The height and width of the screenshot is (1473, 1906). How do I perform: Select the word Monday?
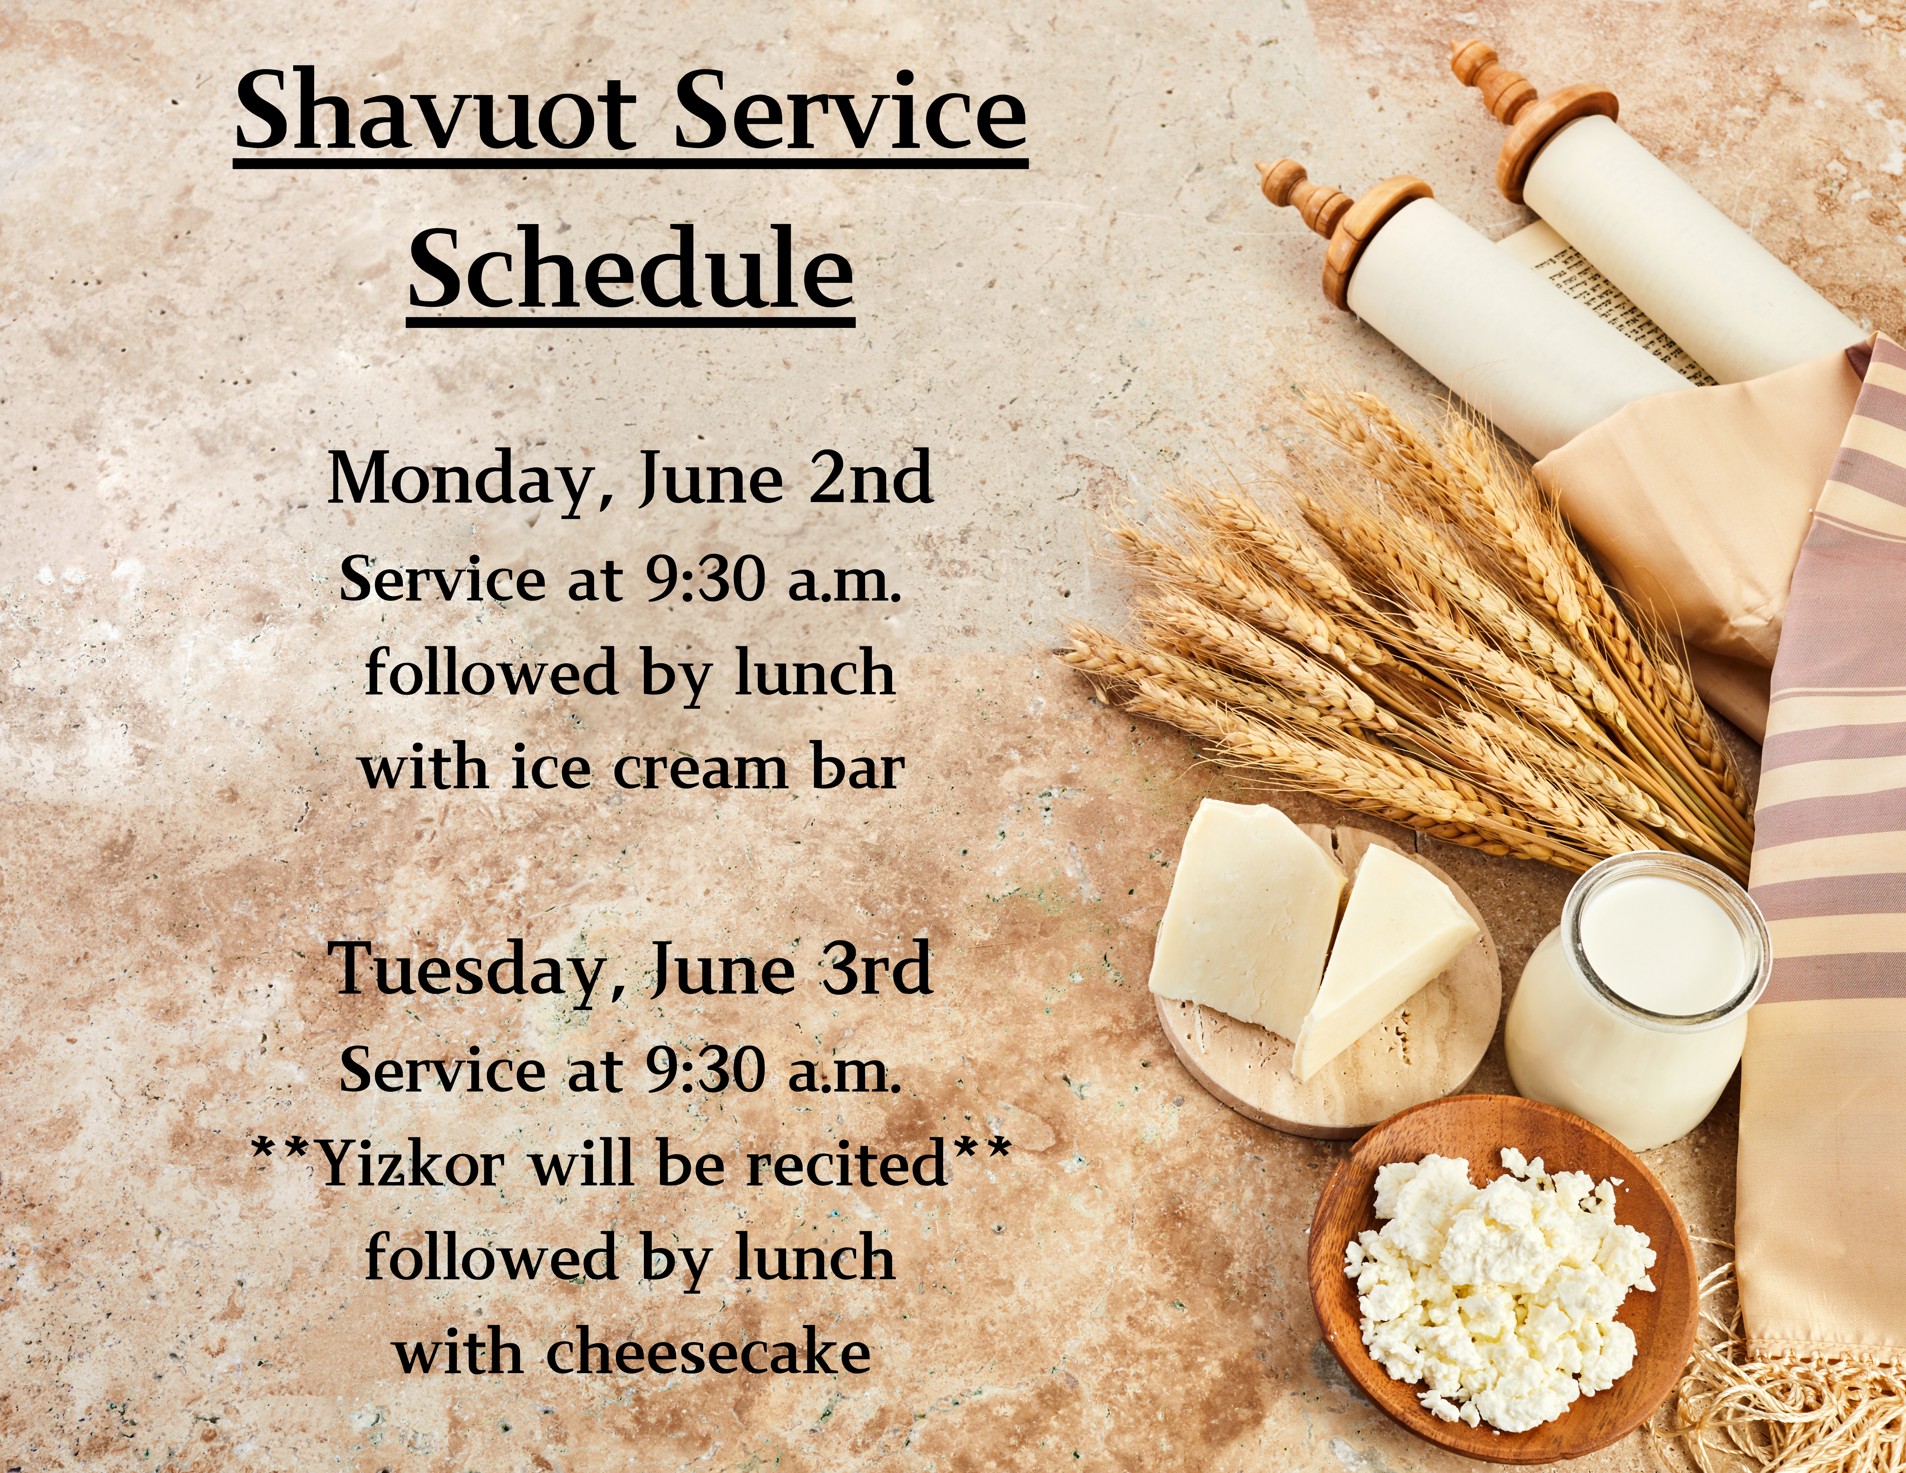coord(460,481)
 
